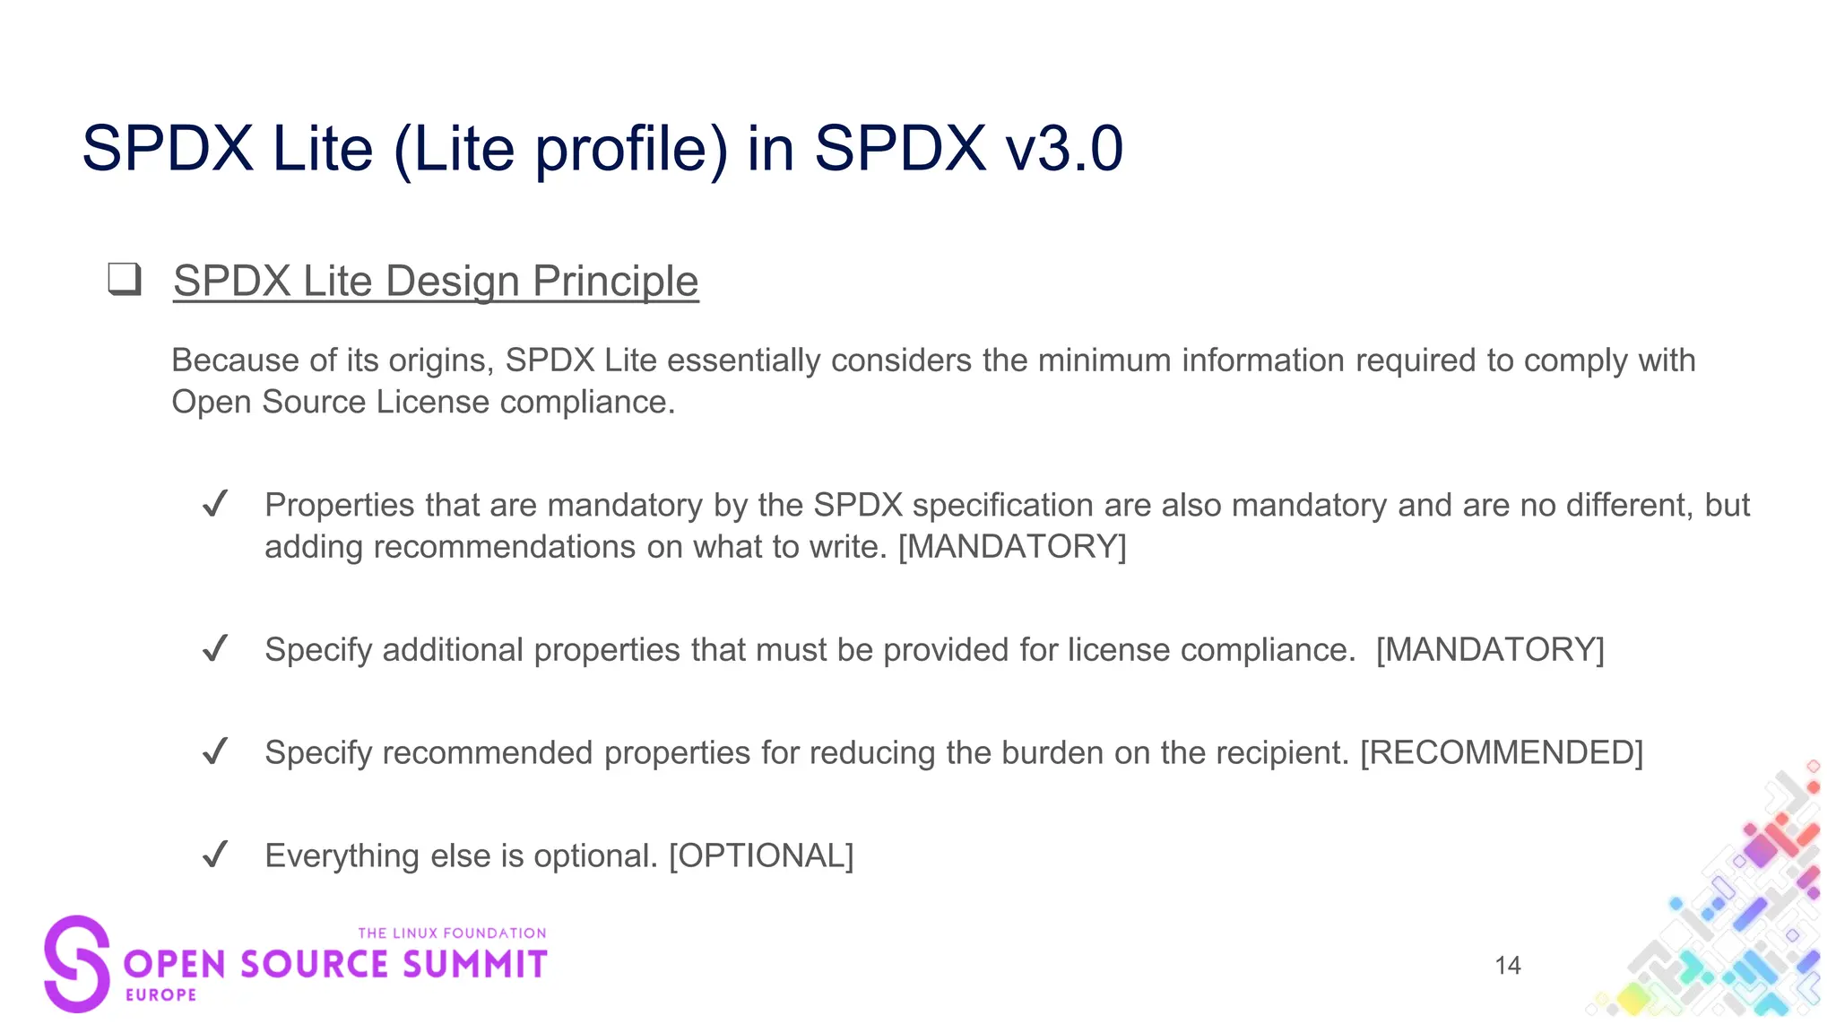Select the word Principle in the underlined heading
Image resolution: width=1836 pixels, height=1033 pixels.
click(615, 281)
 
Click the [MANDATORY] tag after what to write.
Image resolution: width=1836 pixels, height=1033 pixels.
click(1012, 546)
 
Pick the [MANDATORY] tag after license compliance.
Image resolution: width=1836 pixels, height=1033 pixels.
click(1490, 649)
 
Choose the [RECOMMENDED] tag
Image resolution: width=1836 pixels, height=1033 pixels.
click(1502, 752)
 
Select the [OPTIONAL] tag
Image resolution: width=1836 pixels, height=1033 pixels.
click(761, 855)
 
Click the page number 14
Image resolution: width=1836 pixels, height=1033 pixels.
click(1508, 966)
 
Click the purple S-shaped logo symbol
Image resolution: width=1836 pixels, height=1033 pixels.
click(77, 964)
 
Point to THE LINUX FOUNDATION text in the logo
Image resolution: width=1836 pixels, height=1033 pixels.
click(452, 933)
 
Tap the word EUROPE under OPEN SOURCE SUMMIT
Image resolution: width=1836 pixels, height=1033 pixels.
click(161, 994)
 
